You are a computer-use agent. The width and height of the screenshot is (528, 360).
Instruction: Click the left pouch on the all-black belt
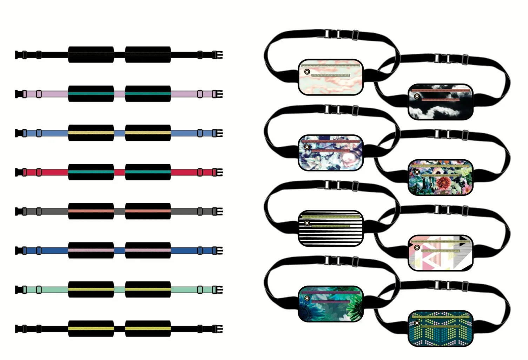[91, 55]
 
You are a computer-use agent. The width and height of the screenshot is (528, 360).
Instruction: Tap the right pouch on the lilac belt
[148, 94]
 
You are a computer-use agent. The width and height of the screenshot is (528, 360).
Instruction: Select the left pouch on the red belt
[91, 172]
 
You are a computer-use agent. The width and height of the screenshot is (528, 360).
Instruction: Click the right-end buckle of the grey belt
[218, 211]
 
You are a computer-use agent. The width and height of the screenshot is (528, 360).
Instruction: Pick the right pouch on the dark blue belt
[148, 251]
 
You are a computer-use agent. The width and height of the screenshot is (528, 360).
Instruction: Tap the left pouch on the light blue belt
[91, 133]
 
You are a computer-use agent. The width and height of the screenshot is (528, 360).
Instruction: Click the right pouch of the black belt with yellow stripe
[148, 329]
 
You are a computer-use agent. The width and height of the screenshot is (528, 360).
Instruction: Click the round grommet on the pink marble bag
[307, 72]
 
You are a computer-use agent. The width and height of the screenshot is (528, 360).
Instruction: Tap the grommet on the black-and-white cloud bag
[417, 96]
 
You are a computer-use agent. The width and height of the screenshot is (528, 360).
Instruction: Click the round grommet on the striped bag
[307, 223]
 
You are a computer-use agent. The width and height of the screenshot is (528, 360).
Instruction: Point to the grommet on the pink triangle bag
[417, 247]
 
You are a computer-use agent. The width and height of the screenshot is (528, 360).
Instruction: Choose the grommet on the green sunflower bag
[307, 298]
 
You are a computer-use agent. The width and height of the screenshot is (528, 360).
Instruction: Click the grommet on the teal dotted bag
[417, 323]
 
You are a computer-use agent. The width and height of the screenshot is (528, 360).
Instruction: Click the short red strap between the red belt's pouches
[119, 172]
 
